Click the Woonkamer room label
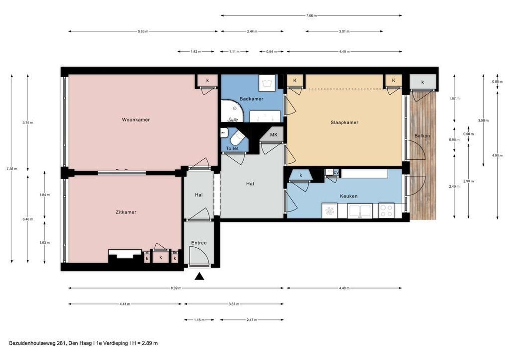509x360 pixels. coord(136,120)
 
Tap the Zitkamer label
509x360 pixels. coord(126,212)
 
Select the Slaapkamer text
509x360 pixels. coord(344,122)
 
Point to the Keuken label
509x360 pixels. coord(348,196)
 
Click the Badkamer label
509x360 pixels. coord(251,99)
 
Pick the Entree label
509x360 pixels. coord(199,243)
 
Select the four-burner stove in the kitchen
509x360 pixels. coord(386,211)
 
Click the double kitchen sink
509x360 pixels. coord(360,211)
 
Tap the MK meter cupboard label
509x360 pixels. coord(273,135)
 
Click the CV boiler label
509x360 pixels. coord(336,173)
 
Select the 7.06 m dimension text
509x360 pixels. coord(311,16)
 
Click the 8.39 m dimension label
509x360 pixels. coord(176,288)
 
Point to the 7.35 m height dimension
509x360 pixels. coord(12,169)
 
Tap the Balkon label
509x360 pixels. coord(422,136)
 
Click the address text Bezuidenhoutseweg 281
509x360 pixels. coord(37,343)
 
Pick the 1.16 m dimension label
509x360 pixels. coord(199,320)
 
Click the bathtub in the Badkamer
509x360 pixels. coord(265,116)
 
